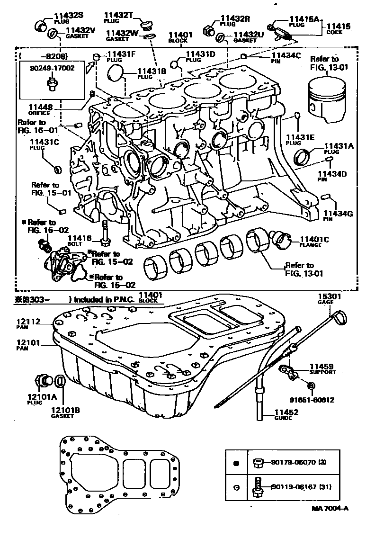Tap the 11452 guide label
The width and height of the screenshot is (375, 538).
pos(286,412)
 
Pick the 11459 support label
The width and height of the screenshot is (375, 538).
pos(322,367)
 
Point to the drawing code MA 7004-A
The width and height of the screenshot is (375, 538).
pos(330,508)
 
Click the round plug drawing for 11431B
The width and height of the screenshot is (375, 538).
pos(116,74)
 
